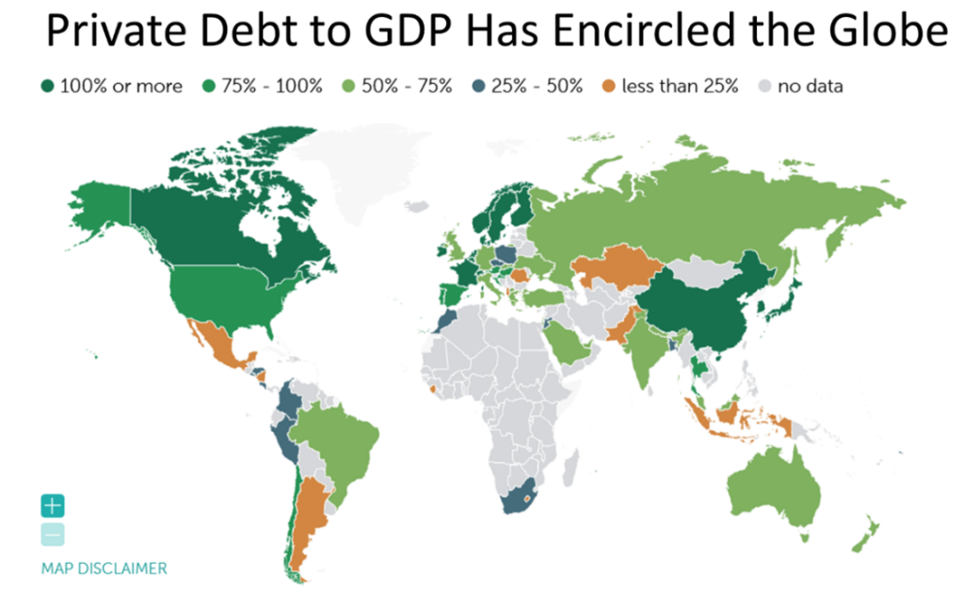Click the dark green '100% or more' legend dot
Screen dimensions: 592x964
pyautogui.click(x=46, y=86)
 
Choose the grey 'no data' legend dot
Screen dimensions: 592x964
pyautogui.click(x=763, y=86)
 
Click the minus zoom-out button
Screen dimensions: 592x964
pyautogui.click(x=53, y=535)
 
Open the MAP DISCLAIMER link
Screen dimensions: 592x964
pyautogui.click(x=104, y=568)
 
